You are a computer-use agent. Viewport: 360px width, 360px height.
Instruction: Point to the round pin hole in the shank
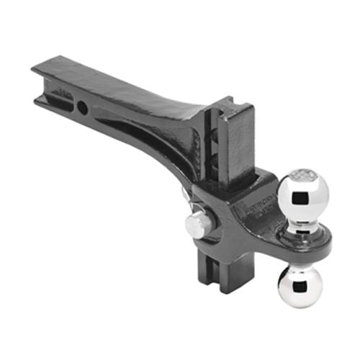[84, 107]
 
